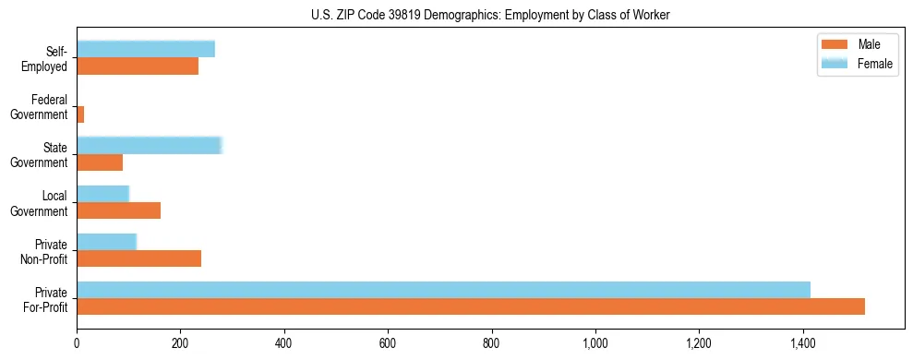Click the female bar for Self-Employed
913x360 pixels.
(146, 49)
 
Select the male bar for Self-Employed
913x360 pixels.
(138, 66)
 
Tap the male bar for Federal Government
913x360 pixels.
(80, 114)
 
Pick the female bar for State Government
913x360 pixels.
(149, 145)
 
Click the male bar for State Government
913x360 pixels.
(100, 162)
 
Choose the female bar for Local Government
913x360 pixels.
(102, 193)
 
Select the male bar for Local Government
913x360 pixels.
(118, 210)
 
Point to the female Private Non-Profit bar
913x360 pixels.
(106, 242)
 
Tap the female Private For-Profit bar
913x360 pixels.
(443, 290)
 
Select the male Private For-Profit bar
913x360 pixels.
(471, 306)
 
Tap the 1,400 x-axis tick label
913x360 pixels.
(803, 343)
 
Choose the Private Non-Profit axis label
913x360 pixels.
(45, 251)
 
